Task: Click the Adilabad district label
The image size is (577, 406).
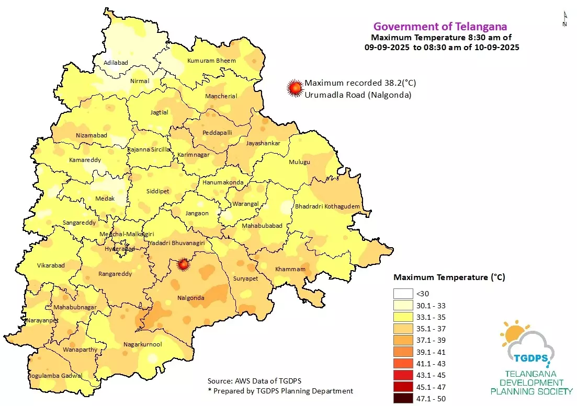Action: pos(116,63)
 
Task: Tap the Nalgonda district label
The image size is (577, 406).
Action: pos(190,298)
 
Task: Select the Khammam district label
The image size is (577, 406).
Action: pos(290,269)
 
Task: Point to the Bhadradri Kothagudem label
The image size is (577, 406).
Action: pos(327,207)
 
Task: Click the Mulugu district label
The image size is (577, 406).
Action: pos(300,162)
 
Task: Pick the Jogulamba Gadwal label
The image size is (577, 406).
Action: pos(54,376)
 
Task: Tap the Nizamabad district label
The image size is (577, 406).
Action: pos(92,135)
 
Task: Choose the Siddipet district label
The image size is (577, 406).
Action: pos(157,191)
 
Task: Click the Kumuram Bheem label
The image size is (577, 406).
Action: pos(211,61)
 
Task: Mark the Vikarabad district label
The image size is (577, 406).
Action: pos(51,265)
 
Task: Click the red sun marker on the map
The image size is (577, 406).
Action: pos(183,264)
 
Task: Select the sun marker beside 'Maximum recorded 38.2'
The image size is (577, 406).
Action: pos(296,88)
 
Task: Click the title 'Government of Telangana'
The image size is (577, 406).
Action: pos(440,27)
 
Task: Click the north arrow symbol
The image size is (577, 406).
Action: pos(565,20)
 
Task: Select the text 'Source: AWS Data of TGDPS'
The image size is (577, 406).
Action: pos(254,380)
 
